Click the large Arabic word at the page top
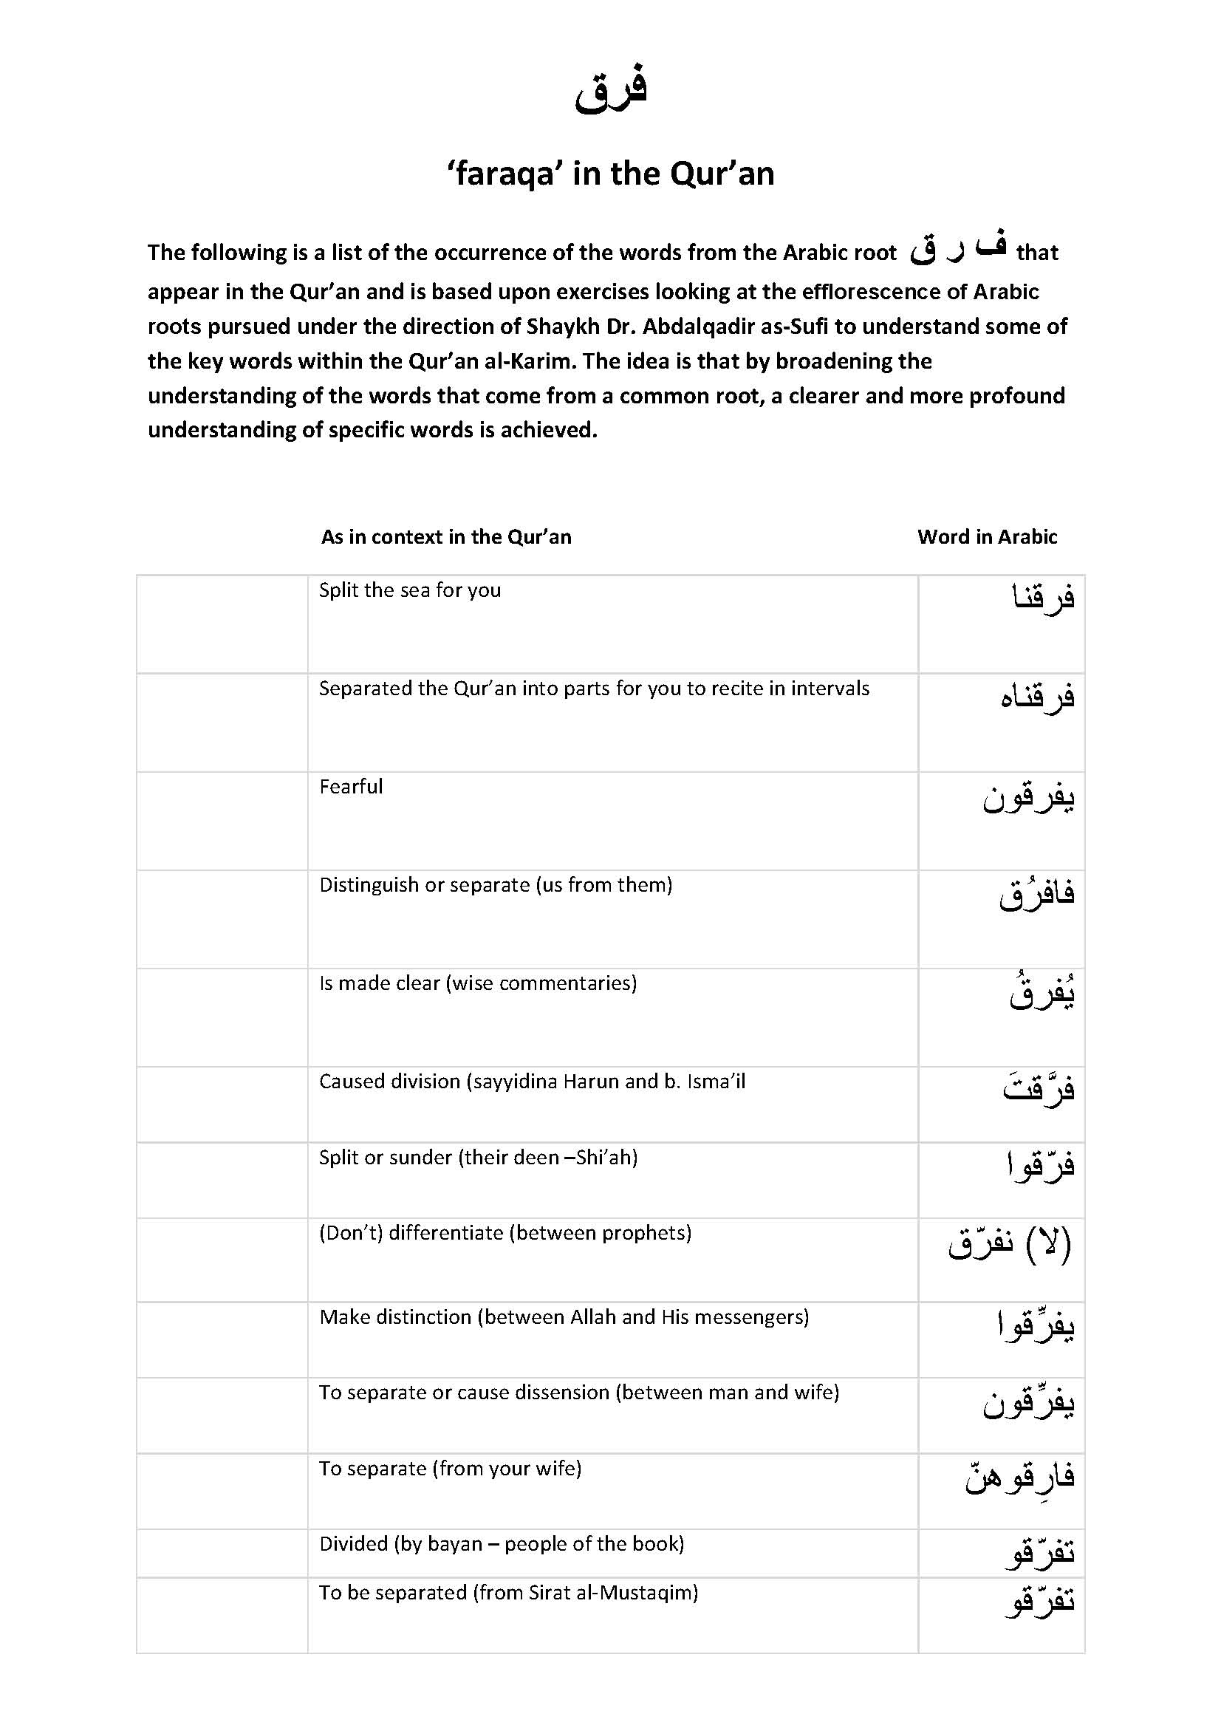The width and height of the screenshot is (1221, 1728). tap(610, 90)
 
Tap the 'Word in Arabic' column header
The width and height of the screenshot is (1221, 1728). tap(986, 536)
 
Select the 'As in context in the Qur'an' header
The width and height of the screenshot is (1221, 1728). tap(445, 536)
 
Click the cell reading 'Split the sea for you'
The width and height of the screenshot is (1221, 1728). tap(409, 590)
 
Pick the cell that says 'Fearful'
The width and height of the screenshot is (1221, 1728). tap(351, 787)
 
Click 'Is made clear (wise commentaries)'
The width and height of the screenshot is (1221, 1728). tap(478, 983)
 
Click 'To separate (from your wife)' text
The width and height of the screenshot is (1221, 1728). tap(450, 1469)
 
